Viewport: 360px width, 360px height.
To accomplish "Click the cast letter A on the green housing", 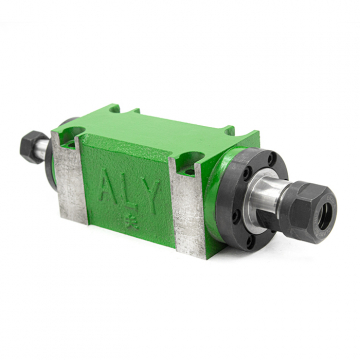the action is pyautogui.click(x=108, y=187).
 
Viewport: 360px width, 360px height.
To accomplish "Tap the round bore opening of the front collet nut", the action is pyautogui.click(x=325, y=216).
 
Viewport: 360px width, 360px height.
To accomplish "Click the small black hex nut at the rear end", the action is pyautogui.click(x=32, y=146).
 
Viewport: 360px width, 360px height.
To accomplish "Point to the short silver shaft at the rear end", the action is pyautogui.click(x=44, y=149).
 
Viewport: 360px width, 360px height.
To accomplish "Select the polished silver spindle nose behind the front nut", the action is pyautogui.click(x=265, y=198).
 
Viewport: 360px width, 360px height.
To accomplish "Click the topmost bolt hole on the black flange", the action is pyautogui.click(x=271, y=159).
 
